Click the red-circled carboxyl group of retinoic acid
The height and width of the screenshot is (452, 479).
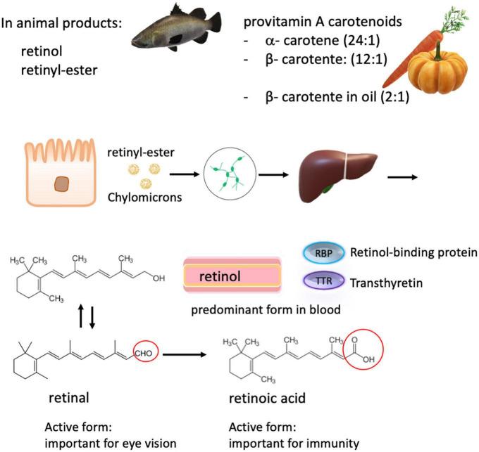coord(363,345)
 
